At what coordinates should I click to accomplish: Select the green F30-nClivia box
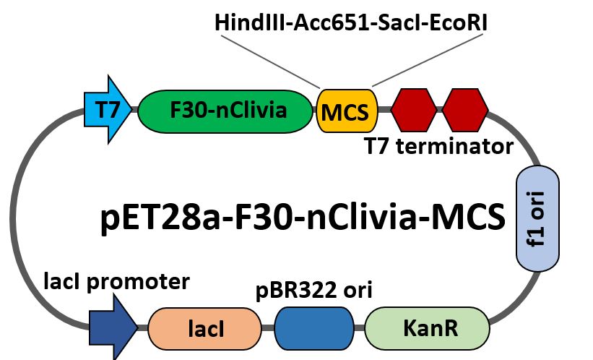(x=224, y=111)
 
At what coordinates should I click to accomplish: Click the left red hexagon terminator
(x=414, y=111)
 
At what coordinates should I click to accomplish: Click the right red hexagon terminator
(x=465, y=111)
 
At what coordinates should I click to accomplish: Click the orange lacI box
(x=204, y=329)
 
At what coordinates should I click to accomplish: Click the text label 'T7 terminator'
(x=438, y=147)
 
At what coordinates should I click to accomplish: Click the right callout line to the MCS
(x=416, y=61)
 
